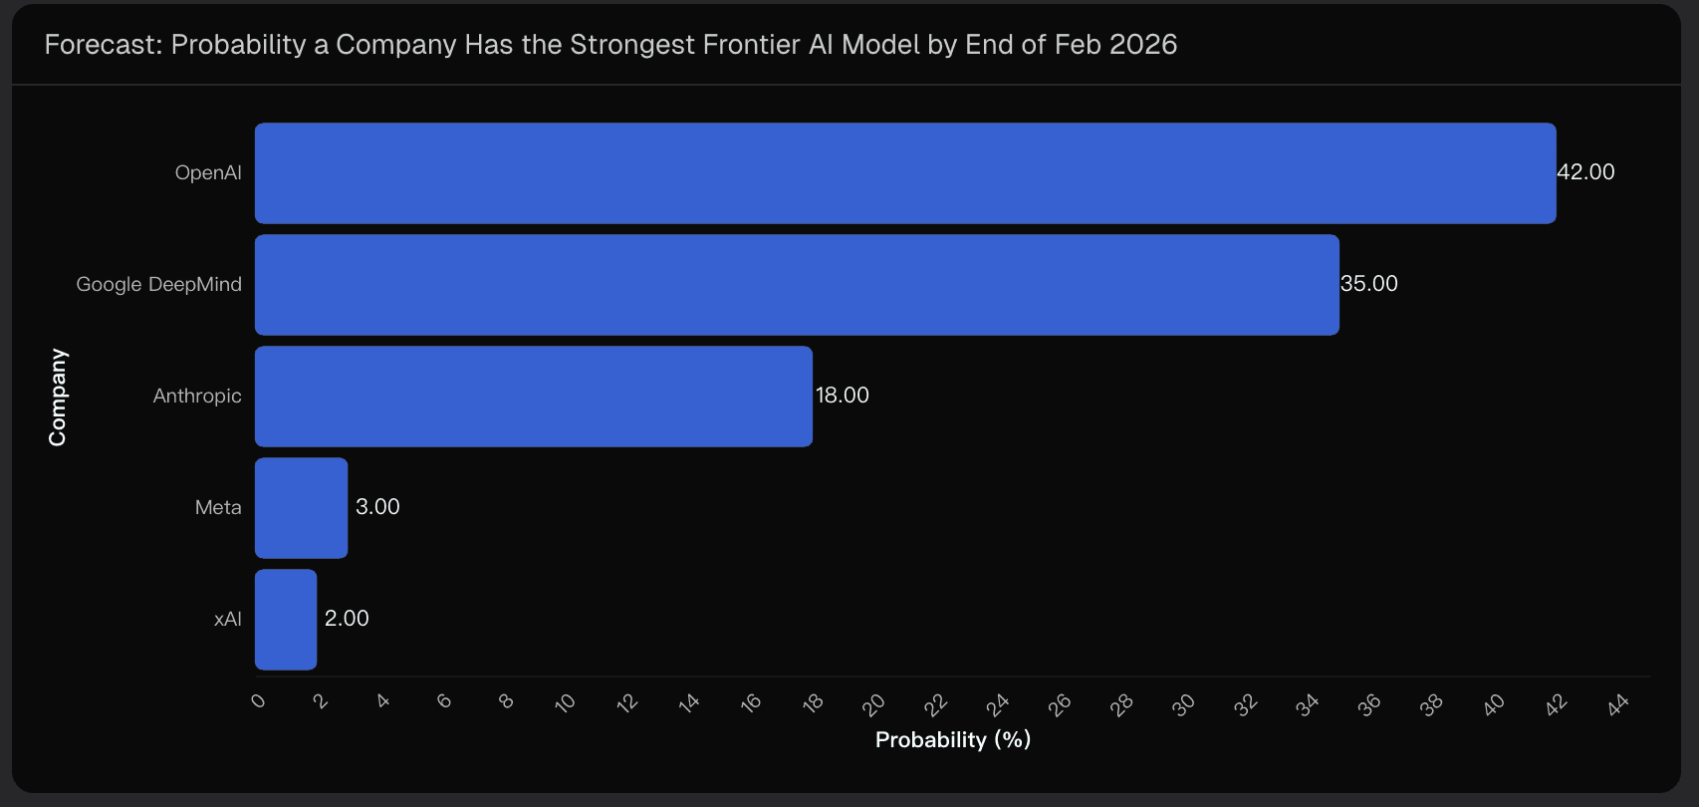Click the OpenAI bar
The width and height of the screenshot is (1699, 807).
pyautogui.click(x=904, y=173)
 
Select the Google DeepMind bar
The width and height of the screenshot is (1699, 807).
pyautogui.click(x=797, y=285)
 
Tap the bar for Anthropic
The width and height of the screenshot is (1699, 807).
pyautogui.click(x=533, y=397)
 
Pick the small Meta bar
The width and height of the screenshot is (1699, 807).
pyautogui.click(x=301, y=508)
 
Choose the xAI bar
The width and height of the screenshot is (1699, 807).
pyautogui.click(x=286, y=620)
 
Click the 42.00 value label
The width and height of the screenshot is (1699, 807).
pyautogui.click(x=1585, y=172)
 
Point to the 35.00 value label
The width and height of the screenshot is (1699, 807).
pyautogui.click(x=1368, y=284)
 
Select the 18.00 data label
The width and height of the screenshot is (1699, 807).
pyautogui.click(x=842, y=396)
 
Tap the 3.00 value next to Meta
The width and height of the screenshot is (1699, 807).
pyautogui.click(x=377, y=507)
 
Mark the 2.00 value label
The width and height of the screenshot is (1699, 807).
pyautogui.click(x=347, y=619)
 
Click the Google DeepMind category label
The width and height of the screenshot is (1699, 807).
pyautogui.click(x=158, y=285)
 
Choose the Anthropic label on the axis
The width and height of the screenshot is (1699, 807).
pyautogui.click(x=197, y=397)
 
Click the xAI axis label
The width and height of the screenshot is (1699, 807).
pyautogui.click(x=228, y=620)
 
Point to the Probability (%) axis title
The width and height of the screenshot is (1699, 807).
pyautogui.click(x=952, y=740)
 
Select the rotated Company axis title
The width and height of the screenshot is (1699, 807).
pyautogui.click(x=58, y=397)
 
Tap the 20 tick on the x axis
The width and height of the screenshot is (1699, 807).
pyautogui.click(x=874, y=704)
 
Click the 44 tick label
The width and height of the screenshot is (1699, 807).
pyautogui.click(x=1618, y=704)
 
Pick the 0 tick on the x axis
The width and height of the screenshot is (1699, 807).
pyautogui.click(x=259, y=700)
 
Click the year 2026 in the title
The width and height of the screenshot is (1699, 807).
pyautogui.click(x=1143, y=45)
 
